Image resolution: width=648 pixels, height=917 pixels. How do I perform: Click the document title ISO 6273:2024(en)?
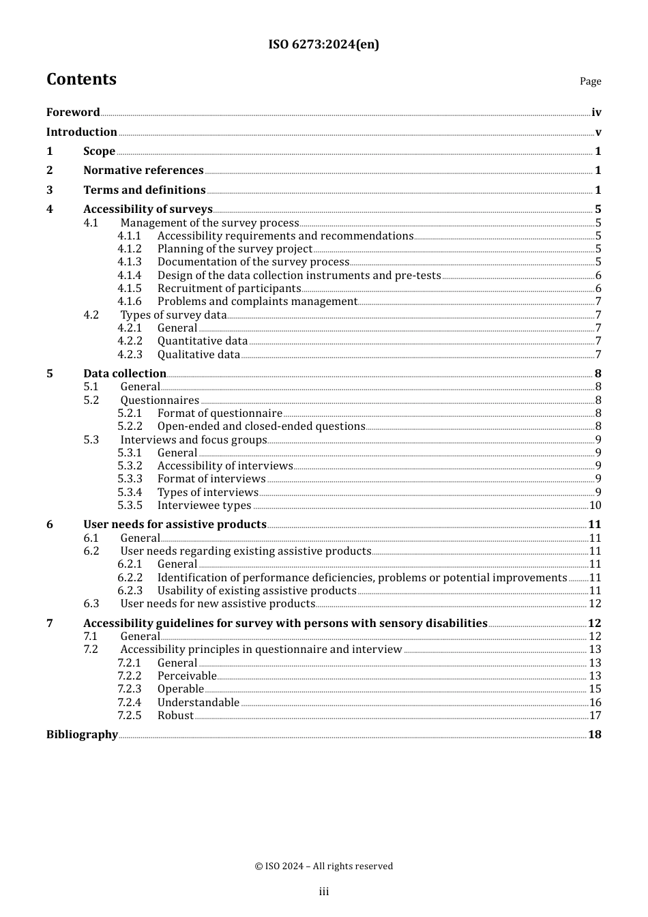point(323,44)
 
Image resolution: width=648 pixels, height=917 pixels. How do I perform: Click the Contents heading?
point(81,79)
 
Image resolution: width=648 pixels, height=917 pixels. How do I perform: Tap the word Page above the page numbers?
point(590,81)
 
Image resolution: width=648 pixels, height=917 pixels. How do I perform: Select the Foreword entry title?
point(73,113)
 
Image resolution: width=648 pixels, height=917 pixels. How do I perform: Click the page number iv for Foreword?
point(596,113)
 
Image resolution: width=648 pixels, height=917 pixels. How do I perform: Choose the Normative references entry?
point(143,171)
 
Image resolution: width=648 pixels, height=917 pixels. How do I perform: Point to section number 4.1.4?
point(130,276)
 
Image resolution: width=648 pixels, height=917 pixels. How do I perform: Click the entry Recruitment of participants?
point(229,289)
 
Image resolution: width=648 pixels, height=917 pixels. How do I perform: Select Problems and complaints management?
point(257,302)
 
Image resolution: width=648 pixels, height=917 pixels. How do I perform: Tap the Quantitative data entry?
point(203,341)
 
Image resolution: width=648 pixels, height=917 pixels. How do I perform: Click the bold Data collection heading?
point(125,374)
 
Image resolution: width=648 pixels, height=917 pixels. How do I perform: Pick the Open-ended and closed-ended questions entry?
point(261,426)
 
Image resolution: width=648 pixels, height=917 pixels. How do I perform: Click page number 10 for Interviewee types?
point(595,506)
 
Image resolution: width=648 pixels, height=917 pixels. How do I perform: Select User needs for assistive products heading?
point(175,525)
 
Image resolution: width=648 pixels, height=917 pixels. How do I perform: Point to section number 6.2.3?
point(130,591)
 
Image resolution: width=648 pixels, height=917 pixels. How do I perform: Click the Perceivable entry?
point(187,676)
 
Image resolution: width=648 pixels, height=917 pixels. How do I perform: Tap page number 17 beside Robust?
point(595,716)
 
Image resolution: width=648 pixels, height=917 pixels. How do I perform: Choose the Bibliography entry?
point(82,735)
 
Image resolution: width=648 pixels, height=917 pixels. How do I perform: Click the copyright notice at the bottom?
point(323,867)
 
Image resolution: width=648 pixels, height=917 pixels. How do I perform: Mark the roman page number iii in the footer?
point(323,892)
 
